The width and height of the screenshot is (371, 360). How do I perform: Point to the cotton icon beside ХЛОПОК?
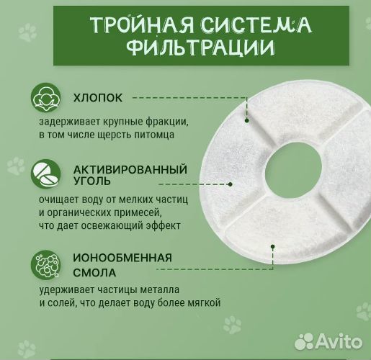tap(46, 99)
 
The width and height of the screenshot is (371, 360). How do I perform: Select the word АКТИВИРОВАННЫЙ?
tap(130, 170)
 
